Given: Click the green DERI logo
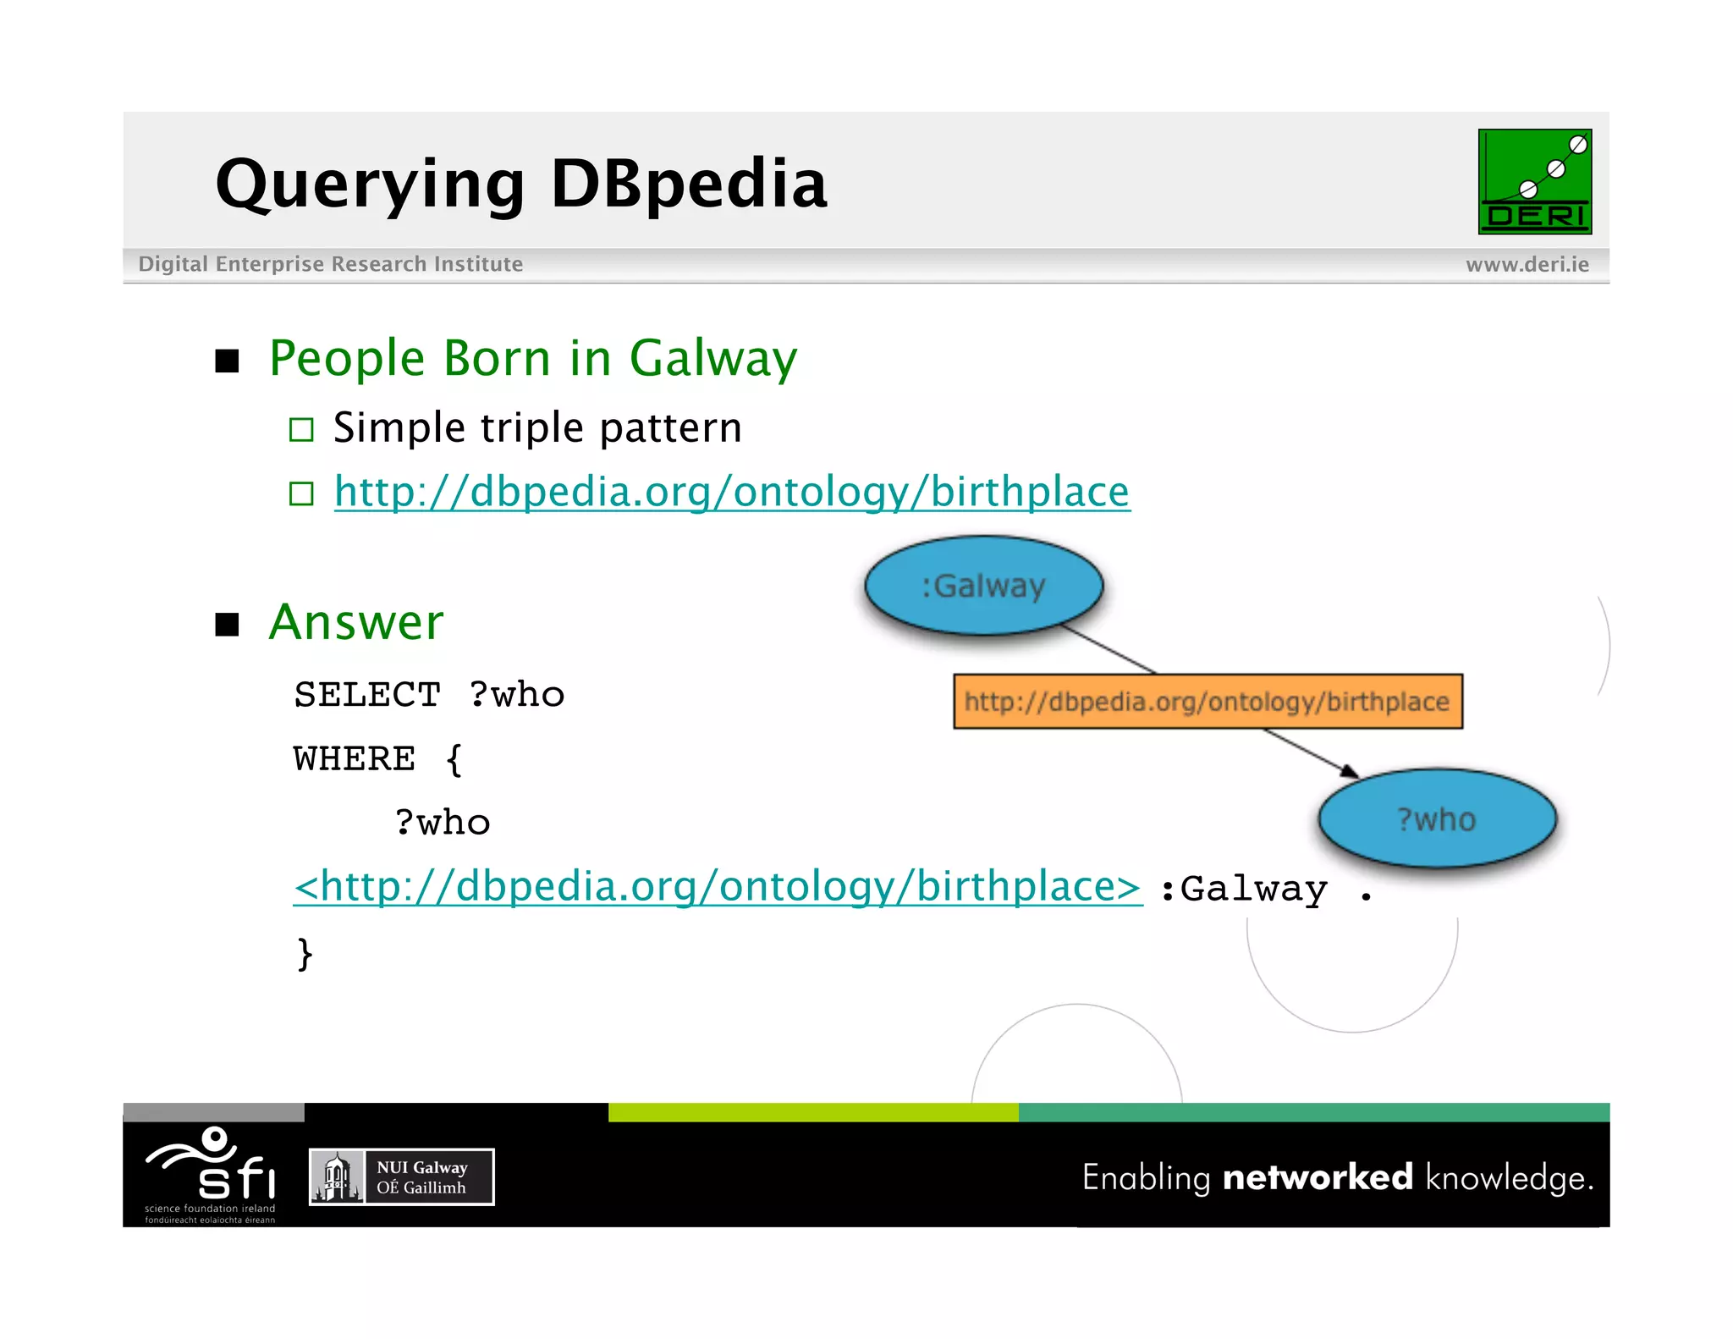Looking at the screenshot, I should (x=1534, y=181).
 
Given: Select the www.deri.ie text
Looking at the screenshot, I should (x=1527, y=264).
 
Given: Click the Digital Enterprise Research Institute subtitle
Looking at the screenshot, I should (x=330, y=264).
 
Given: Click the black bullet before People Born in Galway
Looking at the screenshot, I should (x=227, y=361).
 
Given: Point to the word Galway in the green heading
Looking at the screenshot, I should (x=712, y=358).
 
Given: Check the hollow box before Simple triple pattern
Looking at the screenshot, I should (x=301, y=429).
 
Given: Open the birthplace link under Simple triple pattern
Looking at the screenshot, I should (x=731, y=492).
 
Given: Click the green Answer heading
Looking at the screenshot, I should (x=355, y=622).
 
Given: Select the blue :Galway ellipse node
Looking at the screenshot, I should (x=983, y=585).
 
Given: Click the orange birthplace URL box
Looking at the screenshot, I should (x=1207, y=701).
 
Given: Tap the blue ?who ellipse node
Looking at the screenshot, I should (x=1436, y=818).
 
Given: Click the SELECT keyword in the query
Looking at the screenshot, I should (x=366, y=695).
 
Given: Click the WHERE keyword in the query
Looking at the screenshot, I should (x=354, y=758).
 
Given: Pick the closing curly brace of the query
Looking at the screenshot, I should (x=305, y=954).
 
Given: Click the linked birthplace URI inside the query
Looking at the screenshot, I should (x=717, y=887).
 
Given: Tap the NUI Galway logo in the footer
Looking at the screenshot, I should (x=401, y=1176).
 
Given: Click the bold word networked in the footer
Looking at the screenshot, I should (x=1317, y=1177).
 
